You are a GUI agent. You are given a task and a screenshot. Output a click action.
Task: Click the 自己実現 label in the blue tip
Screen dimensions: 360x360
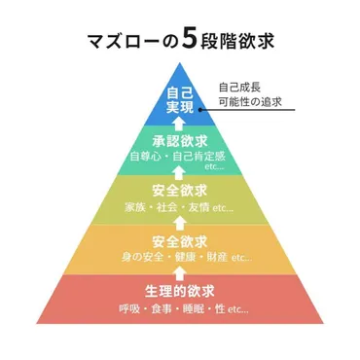[x=180, y=102]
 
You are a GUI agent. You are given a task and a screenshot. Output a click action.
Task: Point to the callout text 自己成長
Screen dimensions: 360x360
[x=237, y=86]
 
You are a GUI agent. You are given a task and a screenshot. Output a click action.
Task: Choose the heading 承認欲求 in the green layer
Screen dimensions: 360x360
[x=180, y=140]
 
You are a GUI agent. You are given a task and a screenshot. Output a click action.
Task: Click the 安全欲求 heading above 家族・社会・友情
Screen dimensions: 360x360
[x=180, y=191]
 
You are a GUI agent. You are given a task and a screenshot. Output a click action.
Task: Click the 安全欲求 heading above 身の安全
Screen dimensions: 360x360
[x=180, y=241]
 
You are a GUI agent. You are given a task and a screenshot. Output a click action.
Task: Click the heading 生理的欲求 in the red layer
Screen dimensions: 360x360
[x=180, y=292]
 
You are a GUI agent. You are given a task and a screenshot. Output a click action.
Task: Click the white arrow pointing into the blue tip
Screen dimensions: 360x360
[x=180, y=123]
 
